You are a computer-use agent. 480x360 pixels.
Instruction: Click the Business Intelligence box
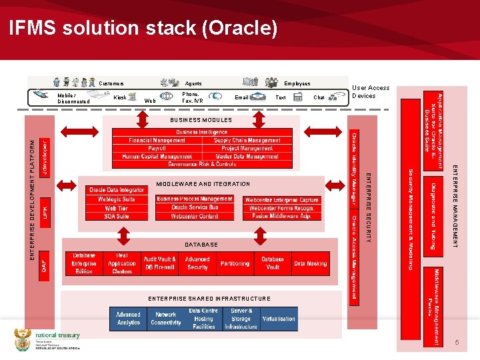click(202, 132)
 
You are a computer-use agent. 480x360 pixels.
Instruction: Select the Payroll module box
click(157, 148)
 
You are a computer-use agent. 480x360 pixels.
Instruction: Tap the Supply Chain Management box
click(247, 140)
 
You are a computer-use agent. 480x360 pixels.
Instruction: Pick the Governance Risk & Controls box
click(202, 163)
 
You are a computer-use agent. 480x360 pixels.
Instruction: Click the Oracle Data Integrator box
click(117, 190)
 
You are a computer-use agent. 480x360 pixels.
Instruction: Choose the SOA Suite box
click(117, 216)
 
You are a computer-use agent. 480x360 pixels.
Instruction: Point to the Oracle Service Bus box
click(195, 207)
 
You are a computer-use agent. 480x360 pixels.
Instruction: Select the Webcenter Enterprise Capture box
click(282, 199)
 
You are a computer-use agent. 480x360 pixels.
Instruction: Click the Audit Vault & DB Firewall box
click(160, 263)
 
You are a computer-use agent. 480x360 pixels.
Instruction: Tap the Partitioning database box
click(235, 263)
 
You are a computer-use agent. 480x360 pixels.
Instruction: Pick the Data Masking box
click(310, 263)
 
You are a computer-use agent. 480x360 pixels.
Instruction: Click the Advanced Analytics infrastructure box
click(128, 318)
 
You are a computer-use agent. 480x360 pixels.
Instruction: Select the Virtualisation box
click(279, 319)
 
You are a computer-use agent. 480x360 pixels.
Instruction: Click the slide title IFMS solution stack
click(143, 29)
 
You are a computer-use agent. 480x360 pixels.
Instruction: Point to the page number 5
click(457, 342)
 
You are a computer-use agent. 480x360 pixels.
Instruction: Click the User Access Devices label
click(371, 92)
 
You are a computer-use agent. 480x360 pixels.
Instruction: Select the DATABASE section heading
click(201, 245)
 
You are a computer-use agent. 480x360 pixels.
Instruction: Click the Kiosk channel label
click(121, 98)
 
